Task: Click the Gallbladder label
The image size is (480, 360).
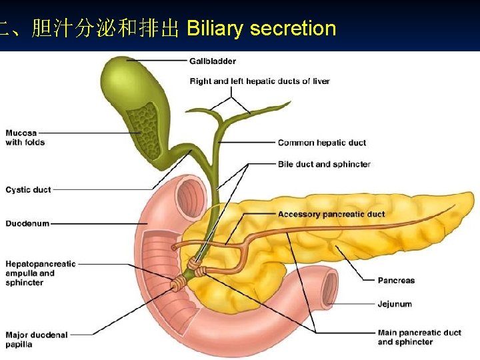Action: point(212,61)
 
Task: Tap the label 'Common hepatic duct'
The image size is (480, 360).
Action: point(321,143)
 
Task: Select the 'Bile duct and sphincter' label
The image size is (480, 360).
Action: point(323,164)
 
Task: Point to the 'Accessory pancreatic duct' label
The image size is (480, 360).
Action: point(331,215)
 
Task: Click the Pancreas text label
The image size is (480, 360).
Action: point(396,281)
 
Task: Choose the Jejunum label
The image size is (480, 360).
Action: point(395,304)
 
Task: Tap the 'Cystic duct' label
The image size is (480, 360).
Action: point(28,190)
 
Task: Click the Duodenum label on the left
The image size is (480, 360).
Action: point(27,223)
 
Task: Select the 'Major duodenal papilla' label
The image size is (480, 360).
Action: point(36,339)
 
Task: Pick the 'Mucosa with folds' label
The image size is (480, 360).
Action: point(25,137)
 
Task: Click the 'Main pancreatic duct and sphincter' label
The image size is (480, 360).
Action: point(419,337)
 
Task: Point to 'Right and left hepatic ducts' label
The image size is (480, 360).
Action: point(259,81)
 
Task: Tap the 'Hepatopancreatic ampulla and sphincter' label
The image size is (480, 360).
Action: point(41,273)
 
